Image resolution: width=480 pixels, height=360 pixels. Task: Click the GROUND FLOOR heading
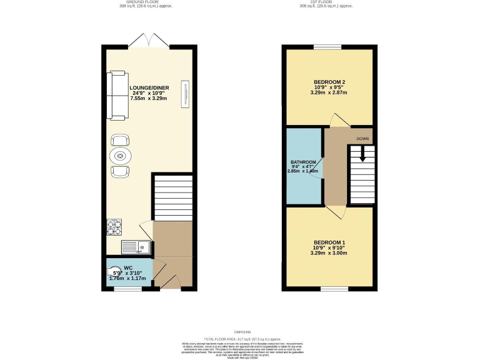click(x=145, y=2)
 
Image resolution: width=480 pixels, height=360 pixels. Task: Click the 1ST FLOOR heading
click(x=326, y=2)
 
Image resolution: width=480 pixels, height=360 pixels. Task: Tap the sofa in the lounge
click(x=116, y=96)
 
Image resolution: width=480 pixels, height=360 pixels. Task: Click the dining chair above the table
click(x=121, y=140)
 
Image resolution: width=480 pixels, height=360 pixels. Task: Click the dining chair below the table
click(x=121, y=171)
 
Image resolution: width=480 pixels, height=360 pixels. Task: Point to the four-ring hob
click(x=114, y=227)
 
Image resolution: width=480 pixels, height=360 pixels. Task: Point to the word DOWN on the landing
click(x=362, y=138)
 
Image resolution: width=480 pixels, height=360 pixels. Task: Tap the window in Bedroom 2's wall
click(x=327, y=47)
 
